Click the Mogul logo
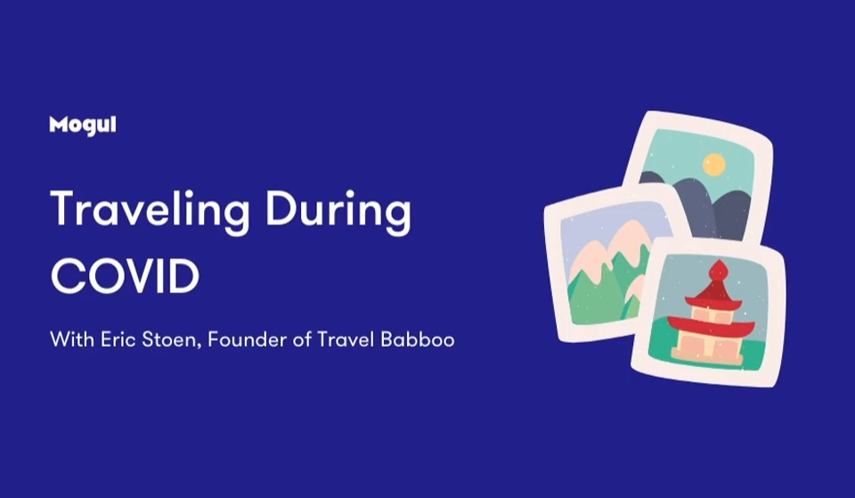82,126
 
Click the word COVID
125,276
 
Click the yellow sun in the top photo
713,164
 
